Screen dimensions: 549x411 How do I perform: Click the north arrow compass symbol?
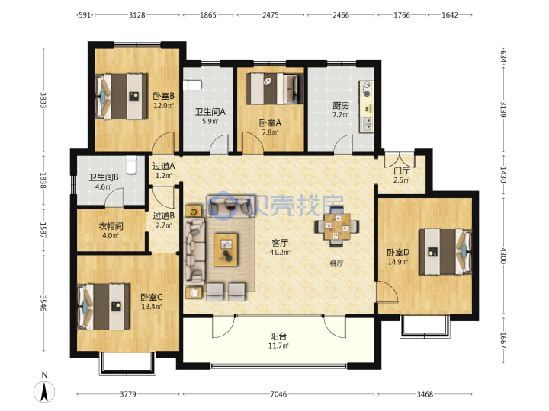(x=44, y=391)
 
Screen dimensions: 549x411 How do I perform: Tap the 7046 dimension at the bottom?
(x=278, y=394)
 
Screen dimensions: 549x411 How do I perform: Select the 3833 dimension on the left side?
(x=43, y=100)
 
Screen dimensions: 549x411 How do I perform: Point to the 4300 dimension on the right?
(x=503, y=256)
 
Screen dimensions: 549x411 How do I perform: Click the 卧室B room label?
(x=163, y=96)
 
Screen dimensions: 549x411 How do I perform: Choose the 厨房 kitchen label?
(x=341, y=105)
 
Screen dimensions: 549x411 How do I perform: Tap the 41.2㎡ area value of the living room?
(x=279, y=253)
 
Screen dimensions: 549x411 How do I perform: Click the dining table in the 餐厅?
(x=337, y=226)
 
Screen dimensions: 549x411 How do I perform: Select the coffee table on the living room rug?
(x=226, y=250)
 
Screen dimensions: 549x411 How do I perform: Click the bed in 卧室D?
(x=445, y=252)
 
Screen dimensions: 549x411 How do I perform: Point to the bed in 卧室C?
(x=104, y=307)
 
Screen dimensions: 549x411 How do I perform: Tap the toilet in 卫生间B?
(x=131, y=164)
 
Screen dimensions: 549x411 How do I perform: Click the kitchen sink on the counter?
(x=367, y=124)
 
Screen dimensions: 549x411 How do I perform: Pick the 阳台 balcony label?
(x=278, y=336)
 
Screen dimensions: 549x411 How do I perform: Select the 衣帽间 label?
(x=111, y=226)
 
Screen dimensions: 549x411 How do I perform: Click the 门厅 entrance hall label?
(x=402, y=170)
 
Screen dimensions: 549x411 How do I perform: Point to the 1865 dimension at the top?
(x=208, y=15)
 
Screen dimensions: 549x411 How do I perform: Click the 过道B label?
(x=163, y=216)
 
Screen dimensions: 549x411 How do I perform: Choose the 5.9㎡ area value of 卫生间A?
(x=210, y=121)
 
